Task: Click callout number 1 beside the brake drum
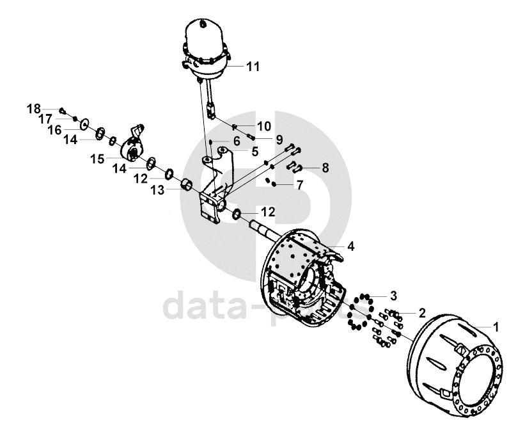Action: (495, 326)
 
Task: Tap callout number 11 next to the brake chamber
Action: (254, 66)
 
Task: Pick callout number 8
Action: (325, 168)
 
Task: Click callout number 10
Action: (263, 125)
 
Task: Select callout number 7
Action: (299, 186)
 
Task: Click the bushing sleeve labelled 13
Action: (187, 185)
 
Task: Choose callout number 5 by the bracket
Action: (254, 152)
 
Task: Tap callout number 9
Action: (279, 139)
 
